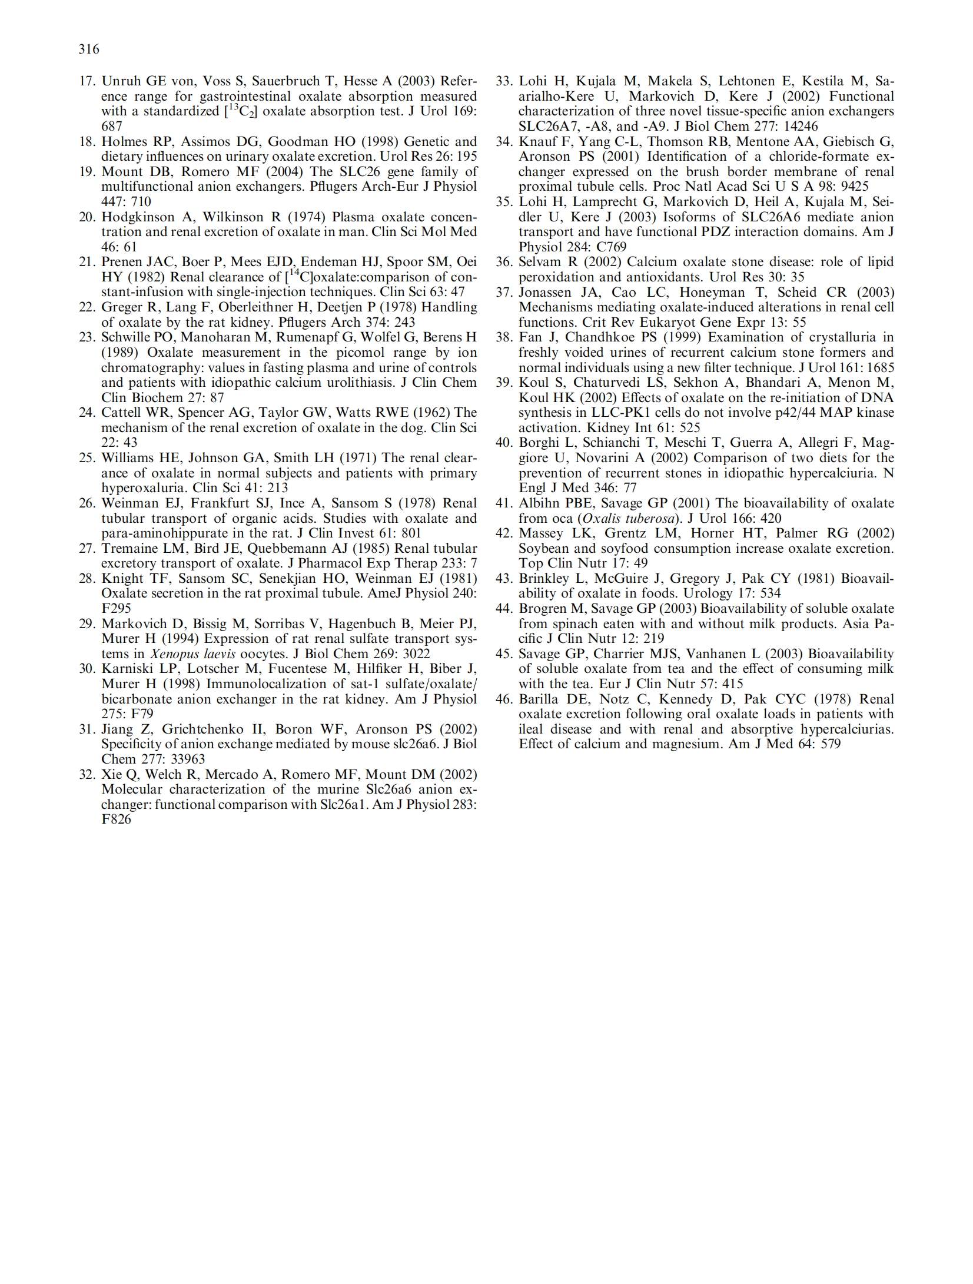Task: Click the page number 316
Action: coord(89,49)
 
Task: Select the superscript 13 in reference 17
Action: coord(233,107)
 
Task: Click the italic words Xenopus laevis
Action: coord(192,654)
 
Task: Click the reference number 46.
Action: coord(504,699)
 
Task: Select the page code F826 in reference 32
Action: coord(116,819)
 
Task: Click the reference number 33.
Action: coord(504,81)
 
